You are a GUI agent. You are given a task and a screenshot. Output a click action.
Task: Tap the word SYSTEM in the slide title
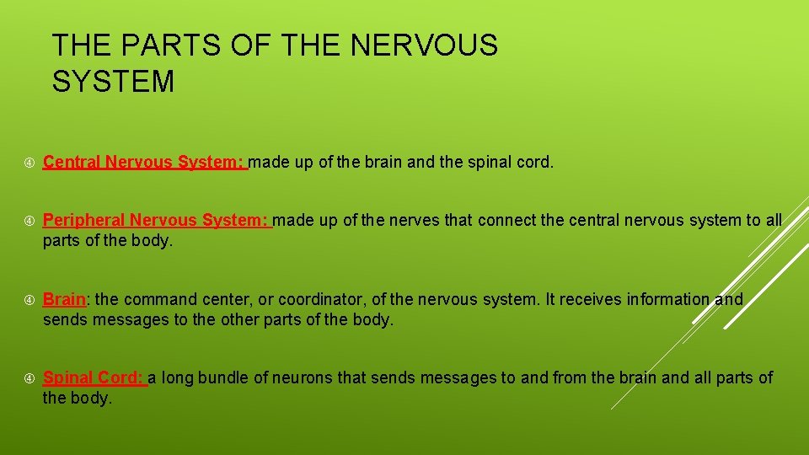(x=113, y=82)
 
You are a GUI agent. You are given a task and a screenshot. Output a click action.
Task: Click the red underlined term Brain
(x=64, y=299)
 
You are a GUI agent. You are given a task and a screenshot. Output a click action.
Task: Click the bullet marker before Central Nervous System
(x=29, y=163)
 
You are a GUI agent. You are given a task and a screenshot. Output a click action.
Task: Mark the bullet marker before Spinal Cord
(x=29, y=378)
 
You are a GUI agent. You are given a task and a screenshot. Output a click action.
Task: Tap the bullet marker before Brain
(x=29, y=300)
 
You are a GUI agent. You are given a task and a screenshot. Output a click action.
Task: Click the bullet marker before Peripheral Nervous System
(x=29, y=221)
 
